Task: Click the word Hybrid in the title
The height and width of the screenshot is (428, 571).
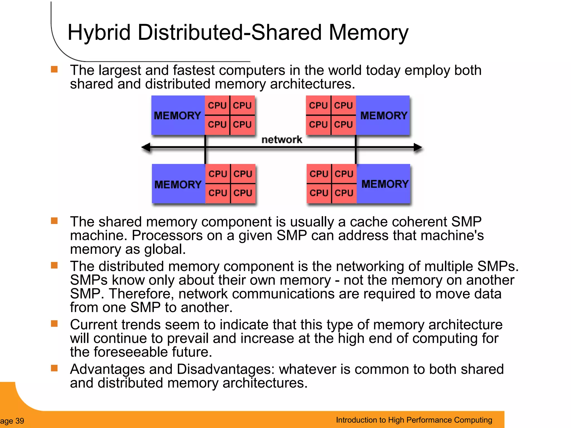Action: (99, 33)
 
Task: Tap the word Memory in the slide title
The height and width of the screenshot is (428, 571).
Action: (368, 33)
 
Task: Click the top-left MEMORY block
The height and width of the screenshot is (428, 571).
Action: (178, 115)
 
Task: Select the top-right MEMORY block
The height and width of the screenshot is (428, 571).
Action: (383, 115)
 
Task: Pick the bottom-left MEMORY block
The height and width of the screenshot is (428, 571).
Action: (178, 184)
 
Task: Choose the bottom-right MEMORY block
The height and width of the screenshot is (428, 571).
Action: (384, 184)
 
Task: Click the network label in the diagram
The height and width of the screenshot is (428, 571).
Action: (282, 140)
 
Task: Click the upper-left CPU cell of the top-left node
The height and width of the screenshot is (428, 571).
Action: (217, 105)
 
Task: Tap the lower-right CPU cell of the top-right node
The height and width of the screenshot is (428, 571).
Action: (343, 124)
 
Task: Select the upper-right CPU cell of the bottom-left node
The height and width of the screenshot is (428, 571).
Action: (243, 174)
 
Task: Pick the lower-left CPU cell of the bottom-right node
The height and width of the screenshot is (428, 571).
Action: (319, 193)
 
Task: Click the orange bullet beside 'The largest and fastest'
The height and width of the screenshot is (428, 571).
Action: (54, 69)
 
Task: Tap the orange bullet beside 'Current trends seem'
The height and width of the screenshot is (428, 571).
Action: (54, 324)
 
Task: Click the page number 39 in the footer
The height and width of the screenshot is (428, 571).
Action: (20, 421)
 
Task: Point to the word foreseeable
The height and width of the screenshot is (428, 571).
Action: (130, 352)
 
